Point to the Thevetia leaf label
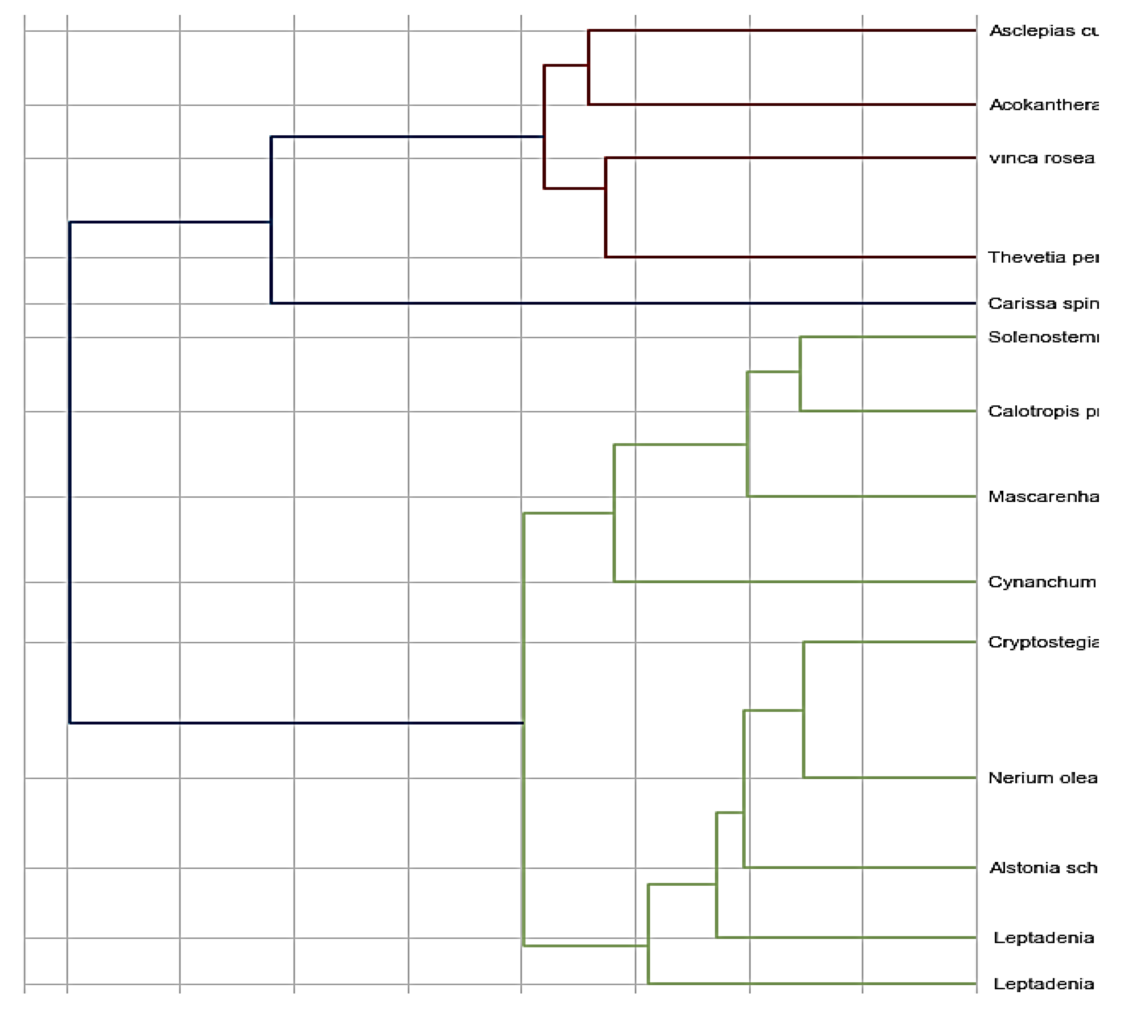pos(1042,257)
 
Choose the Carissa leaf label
pos(1042,303)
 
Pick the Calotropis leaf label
pos(1042,411)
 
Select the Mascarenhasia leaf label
pos(1042,497)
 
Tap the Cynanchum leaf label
pos(1041,582)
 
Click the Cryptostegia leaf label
pos(1042,643)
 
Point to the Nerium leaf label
pos(1042,778)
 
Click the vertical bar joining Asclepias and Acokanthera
pos(588,67)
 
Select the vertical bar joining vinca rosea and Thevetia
pos(606,208)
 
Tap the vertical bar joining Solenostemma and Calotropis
pos(800,374)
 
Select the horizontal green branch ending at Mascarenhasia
pos(860,496)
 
